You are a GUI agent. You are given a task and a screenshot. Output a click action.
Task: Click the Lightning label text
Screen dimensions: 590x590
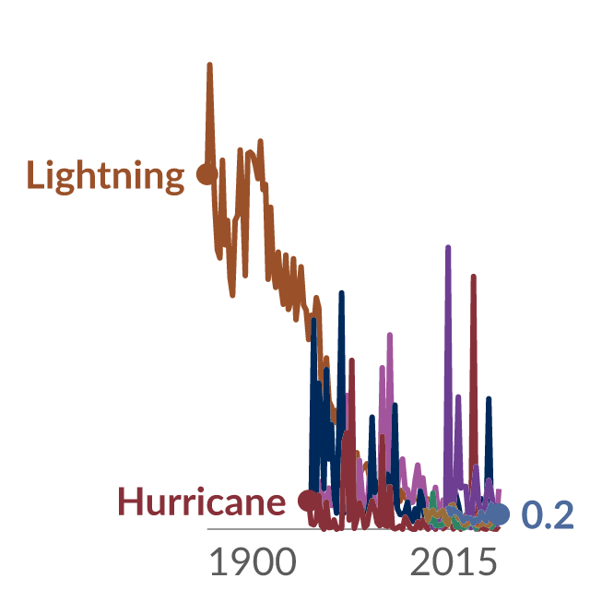tap(106, 177)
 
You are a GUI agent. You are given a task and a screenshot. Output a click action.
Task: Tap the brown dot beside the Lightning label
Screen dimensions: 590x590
tap(206, 174)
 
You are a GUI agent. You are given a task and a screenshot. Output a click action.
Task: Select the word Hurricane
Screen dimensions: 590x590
tap(202, 501)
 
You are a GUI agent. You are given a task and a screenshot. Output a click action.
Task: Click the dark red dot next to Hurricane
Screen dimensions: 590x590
tap(308, 501)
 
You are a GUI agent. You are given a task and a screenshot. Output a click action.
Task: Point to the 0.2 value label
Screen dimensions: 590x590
tap(548, 514)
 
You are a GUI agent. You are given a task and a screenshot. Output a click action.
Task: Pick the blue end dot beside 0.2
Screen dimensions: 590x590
tap(499, 514)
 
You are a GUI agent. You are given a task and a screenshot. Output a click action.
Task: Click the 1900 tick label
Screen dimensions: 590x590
tap(253, 561)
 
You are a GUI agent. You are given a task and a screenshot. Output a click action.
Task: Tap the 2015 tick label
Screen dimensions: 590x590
tap(454, 561)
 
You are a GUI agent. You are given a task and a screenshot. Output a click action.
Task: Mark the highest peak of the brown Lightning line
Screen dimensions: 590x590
tap(209, 65)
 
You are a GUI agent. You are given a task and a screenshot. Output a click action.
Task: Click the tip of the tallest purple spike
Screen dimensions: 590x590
tap(448, 247)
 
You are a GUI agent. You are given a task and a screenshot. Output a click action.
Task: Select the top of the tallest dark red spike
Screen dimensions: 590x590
tap(474, 277)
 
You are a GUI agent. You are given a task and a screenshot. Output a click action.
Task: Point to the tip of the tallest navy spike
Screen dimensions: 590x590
tap(342, 293)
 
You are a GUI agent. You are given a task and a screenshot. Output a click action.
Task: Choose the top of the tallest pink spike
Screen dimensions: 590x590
tap(390, 335)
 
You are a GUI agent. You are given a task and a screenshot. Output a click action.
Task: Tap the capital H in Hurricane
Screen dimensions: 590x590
tap(130, 501)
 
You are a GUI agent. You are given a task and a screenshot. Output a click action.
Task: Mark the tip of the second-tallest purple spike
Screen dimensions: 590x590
tap(458, 397)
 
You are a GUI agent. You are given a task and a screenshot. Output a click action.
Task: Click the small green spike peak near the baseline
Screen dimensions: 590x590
tap(432, 493)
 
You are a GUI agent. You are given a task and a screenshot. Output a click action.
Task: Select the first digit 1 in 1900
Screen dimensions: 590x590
tap(217, 561)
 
